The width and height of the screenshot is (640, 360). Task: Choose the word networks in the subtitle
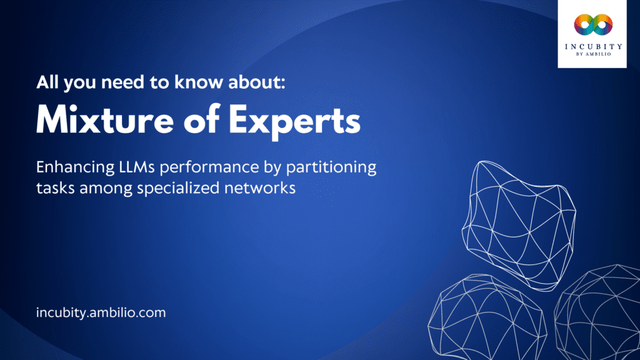[262, 188]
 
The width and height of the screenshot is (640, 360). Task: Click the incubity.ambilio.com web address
[101, 312]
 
